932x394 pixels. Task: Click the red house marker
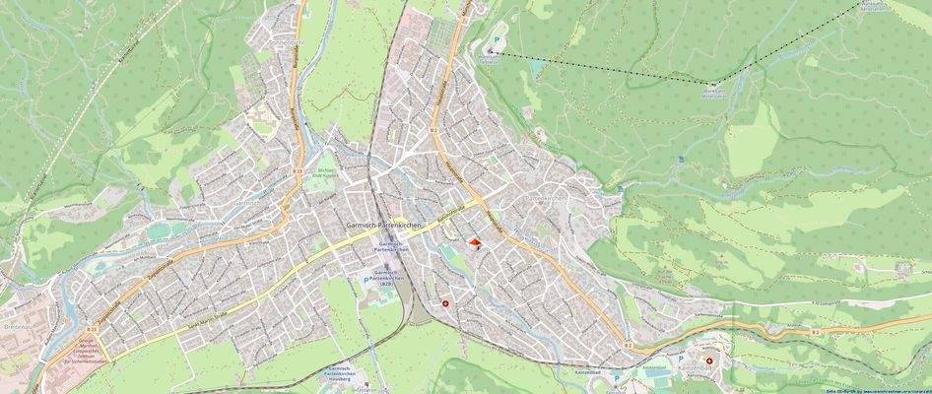(x=474, y=243)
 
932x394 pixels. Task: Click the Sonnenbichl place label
(x=286, y=44)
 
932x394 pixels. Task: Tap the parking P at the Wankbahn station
(x=497, y=40)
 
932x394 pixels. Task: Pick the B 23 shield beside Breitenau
(x=91, y=329)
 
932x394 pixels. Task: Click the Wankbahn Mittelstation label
(x=713, y=95)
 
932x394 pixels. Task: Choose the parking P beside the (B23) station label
(x=366, y=281)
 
